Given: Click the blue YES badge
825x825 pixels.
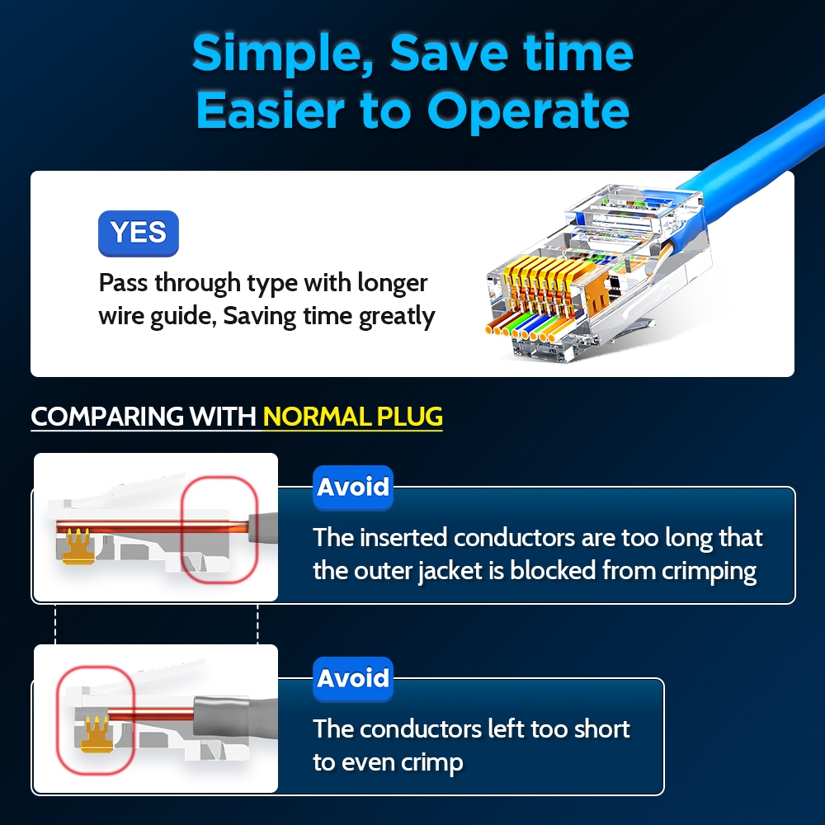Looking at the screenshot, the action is coord(139,233).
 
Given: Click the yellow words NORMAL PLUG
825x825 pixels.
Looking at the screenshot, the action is coord(352,417).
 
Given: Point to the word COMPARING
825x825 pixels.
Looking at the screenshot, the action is coord(107,417).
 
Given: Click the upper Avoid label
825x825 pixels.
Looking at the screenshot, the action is coord(353,488).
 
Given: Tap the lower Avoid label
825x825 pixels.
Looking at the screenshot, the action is coord(353,679).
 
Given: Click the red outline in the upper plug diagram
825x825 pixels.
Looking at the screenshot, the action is coord(182,530).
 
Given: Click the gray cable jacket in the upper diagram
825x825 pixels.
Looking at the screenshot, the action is coord(263,528).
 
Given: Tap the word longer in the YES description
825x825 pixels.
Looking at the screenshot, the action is coord(393,284).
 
